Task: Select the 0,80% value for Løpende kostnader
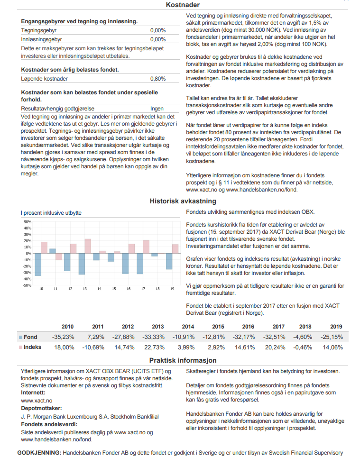[158, 79]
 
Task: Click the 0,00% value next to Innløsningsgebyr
[158, 39]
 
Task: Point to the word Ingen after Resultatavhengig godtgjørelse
[157, 109]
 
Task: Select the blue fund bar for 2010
[38, 265]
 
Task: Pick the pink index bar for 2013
[88, 246]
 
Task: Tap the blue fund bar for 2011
[53, 251]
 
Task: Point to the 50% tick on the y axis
[27, 221]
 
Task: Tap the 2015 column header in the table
[218, 327]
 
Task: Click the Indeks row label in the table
[33, 347]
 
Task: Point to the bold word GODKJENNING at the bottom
[39, 453]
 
